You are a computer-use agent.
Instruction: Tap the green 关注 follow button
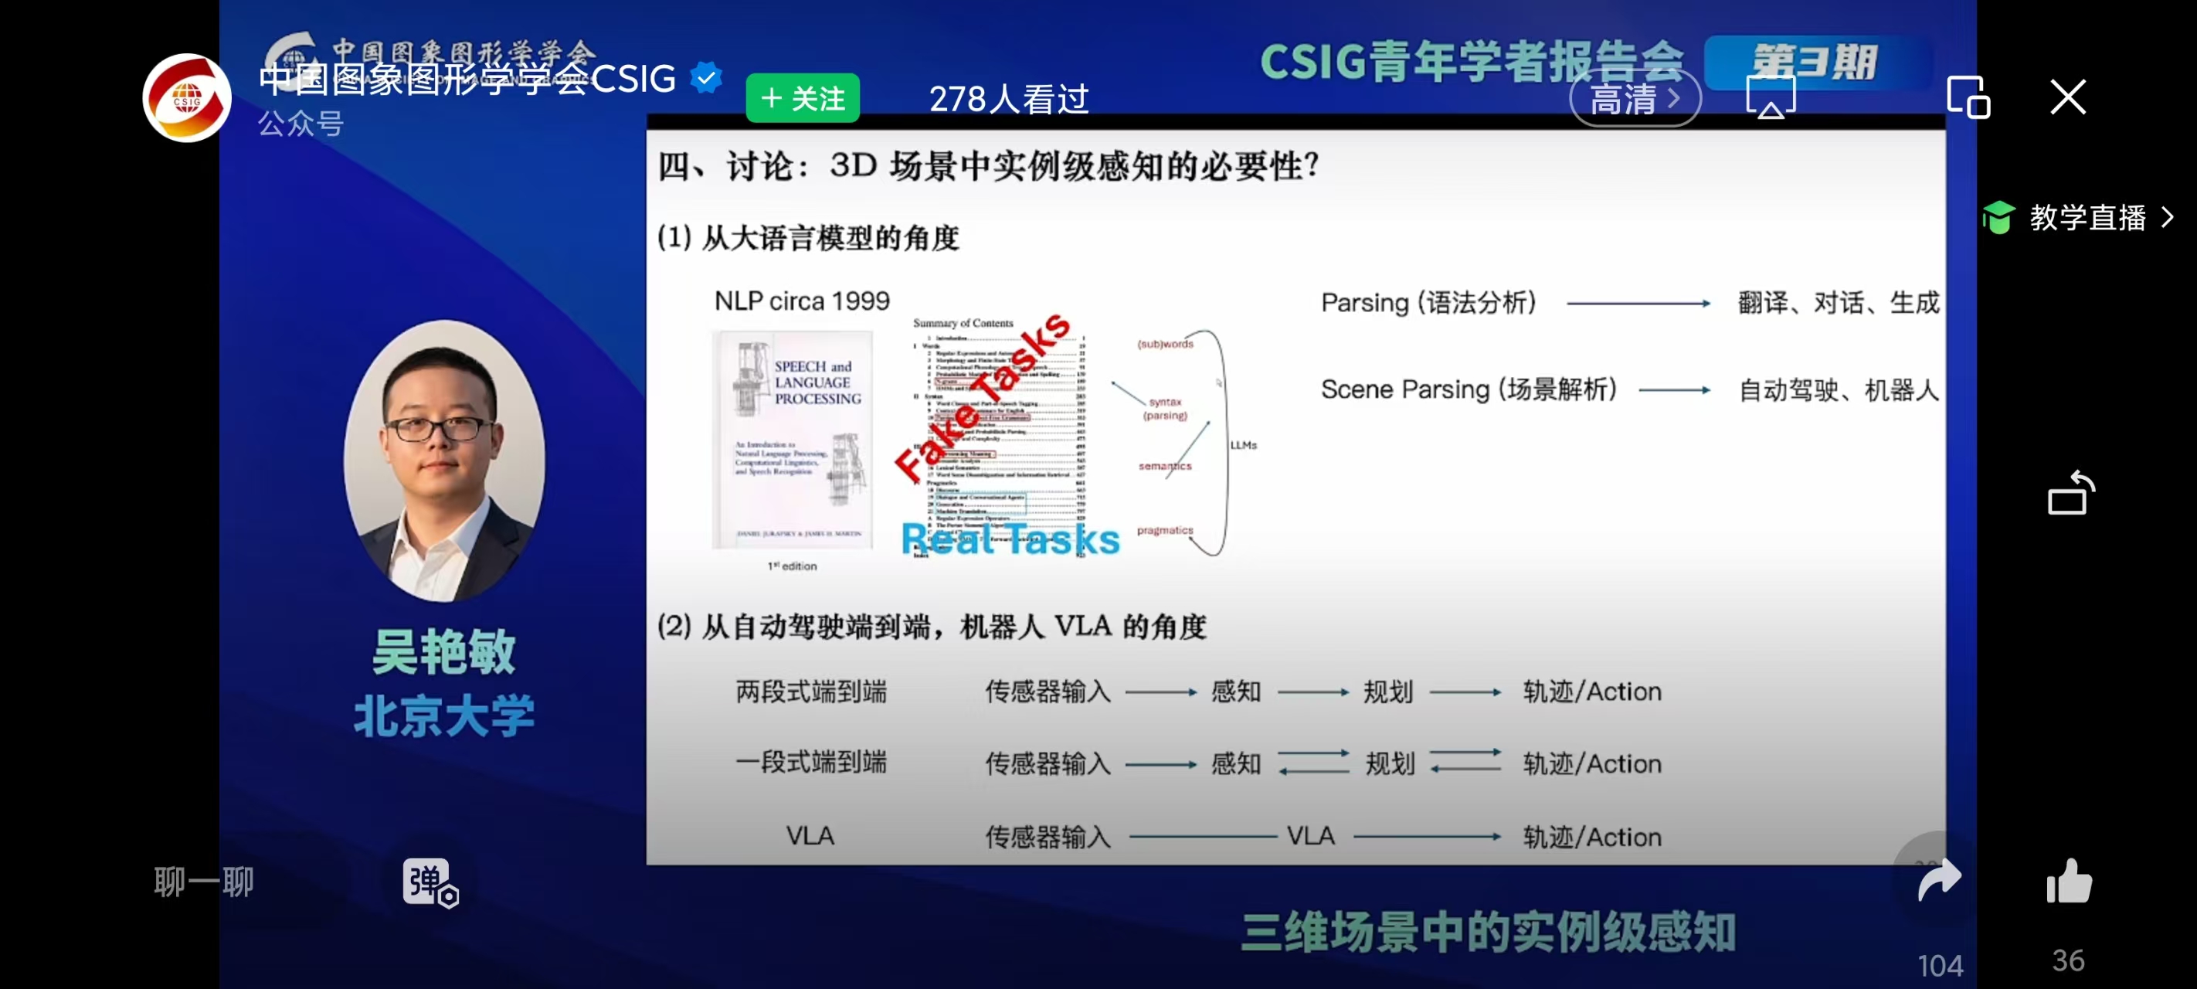(x=802, y=99)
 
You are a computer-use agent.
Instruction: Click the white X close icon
(x=2067, y=97)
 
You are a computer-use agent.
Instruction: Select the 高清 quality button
(x=1634, y=99)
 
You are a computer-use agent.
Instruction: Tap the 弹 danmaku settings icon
(x=430, y=882)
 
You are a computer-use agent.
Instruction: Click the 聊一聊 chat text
(x=204, y=882)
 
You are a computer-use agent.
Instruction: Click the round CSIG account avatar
(x=187, y=98)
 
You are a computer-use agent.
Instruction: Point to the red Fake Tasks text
(x=981, y=397)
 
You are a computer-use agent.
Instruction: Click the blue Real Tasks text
(x=1010, y=539)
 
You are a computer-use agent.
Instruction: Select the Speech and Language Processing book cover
(x=793, y=440)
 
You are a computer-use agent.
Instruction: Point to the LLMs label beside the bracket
(x=1243, y=444)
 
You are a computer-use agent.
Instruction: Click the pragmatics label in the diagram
(x=1164, y=530)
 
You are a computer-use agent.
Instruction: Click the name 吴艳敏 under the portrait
(x=443, y=653)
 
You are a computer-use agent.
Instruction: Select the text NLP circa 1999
(x=802, y=301)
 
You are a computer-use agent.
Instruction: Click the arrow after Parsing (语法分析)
(x=1638, y=303)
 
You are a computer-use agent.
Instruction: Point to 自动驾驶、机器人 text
(x=1838, y=390)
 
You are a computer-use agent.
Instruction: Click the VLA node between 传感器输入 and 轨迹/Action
(x=1310, y=835)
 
